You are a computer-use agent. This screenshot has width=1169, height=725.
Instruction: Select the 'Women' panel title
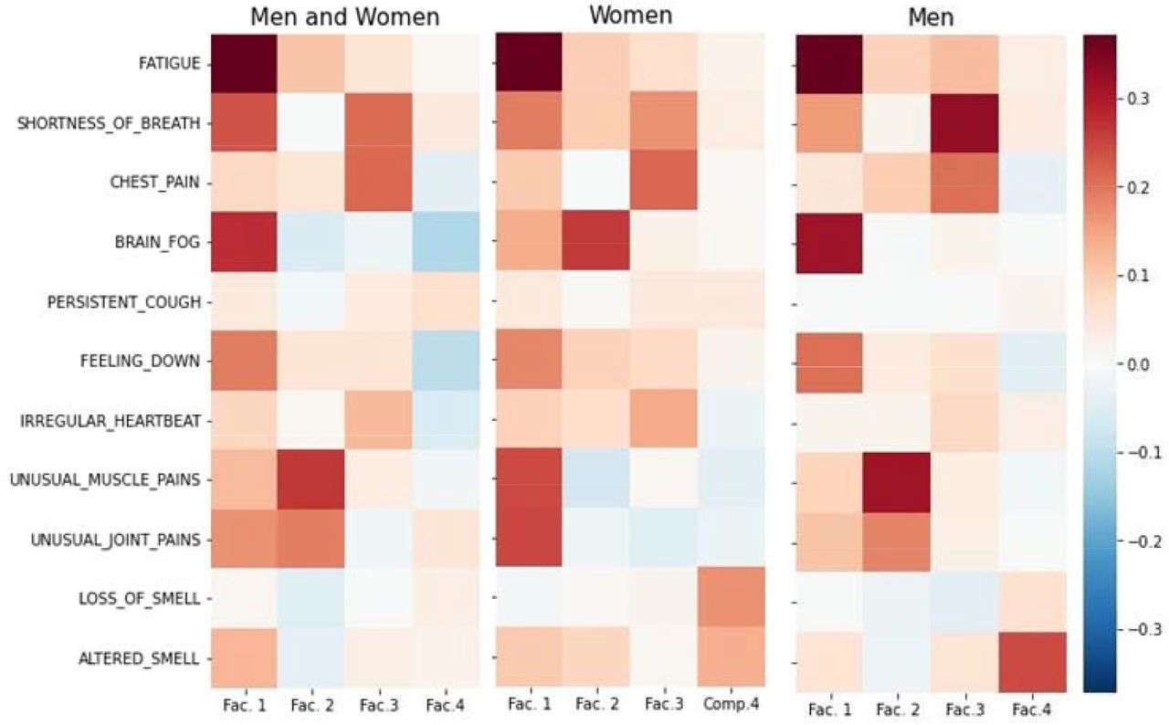click(630, 15)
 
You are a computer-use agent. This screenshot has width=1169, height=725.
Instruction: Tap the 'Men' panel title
click(931, 16)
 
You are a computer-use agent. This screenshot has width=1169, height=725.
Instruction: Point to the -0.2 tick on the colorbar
click(1138, 541)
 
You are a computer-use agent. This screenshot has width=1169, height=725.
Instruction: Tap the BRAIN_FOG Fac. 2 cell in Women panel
click(596, 242)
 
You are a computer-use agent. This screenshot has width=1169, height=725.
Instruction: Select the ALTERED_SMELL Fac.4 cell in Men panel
click(1032, 657)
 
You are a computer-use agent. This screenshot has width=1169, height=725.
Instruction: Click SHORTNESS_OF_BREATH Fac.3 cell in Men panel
click(964, 123)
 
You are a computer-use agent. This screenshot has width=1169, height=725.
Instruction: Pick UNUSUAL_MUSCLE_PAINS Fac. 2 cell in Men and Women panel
click(311, 479)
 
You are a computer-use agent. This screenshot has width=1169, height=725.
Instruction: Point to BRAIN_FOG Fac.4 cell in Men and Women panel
click(445, 242)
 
